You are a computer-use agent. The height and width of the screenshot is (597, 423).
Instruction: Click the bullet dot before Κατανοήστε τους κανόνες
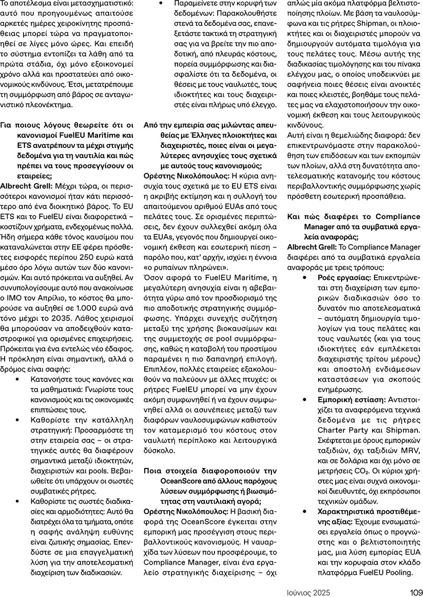click(x=17, y=379)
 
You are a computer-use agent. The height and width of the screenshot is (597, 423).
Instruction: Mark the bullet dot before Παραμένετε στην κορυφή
click(x=160, y=3)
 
